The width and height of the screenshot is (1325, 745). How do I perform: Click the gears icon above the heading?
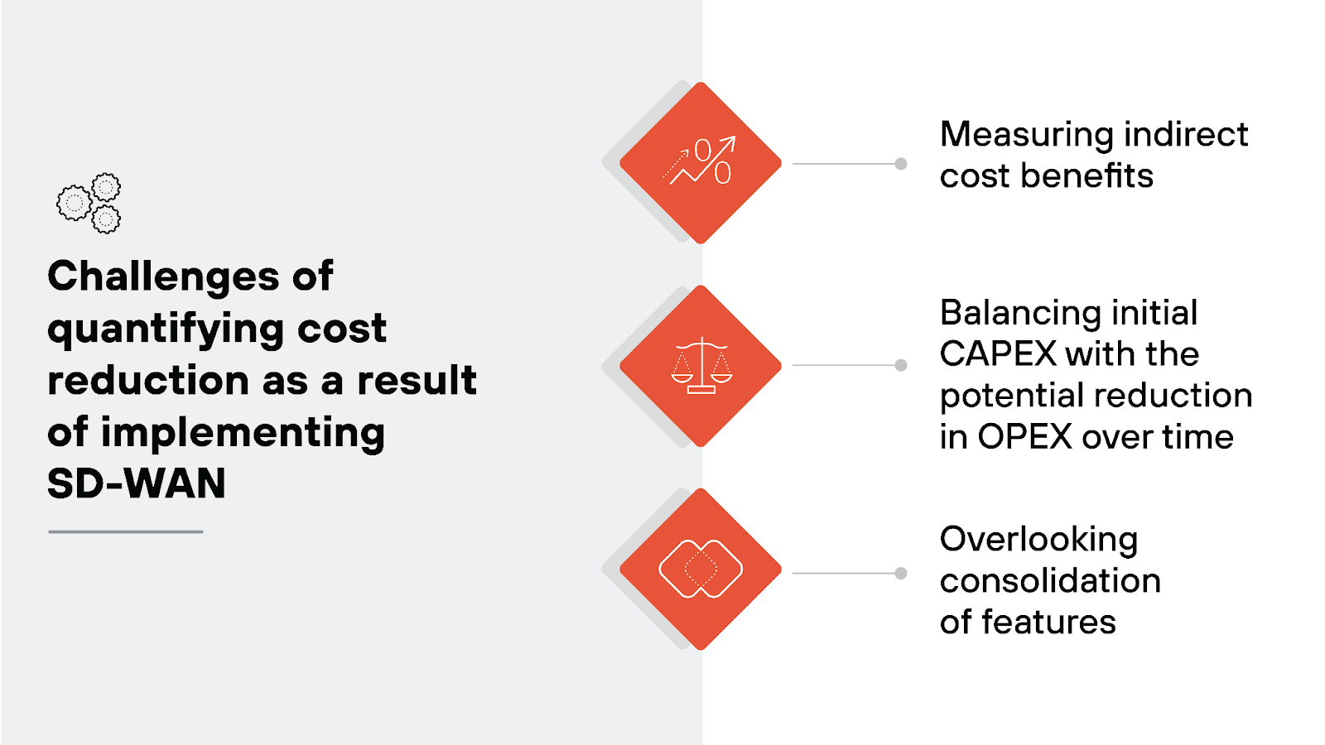pyautogui.click(x=89, y=203)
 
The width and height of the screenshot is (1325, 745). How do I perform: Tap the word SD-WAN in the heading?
pyautogui.click(x=137, y=484)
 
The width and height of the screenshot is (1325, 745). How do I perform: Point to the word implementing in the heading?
pyautogui.click(x=243, y=433)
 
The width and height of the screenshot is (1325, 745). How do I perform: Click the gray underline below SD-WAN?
pyautogui.click(x=126, y=531)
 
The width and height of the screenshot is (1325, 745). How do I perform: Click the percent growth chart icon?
pyautogui.click(x=701, y=162)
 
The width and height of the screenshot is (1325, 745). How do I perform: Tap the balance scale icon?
pyautogui.click(x=701, y=365)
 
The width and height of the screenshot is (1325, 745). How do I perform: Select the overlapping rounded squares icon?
pyautogui.click(x=701, y=569)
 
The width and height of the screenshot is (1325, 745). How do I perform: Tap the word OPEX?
pyautogui.click(x=1025, y=437)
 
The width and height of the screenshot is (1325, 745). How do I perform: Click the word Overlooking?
pyautogui.click(x=1038, y=540)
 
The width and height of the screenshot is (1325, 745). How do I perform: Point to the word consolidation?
pyautogui.click(x=1050, y=581)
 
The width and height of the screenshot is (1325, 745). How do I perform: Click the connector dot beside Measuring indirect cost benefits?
pyautogui.click(x=901, y=164)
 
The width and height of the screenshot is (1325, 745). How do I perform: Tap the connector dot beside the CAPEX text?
pyautogui.click(x=901, y=365)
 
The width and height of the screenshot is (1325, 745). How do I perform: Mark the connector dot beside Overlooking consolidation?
pyautogui.click(x=901, y=573)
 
